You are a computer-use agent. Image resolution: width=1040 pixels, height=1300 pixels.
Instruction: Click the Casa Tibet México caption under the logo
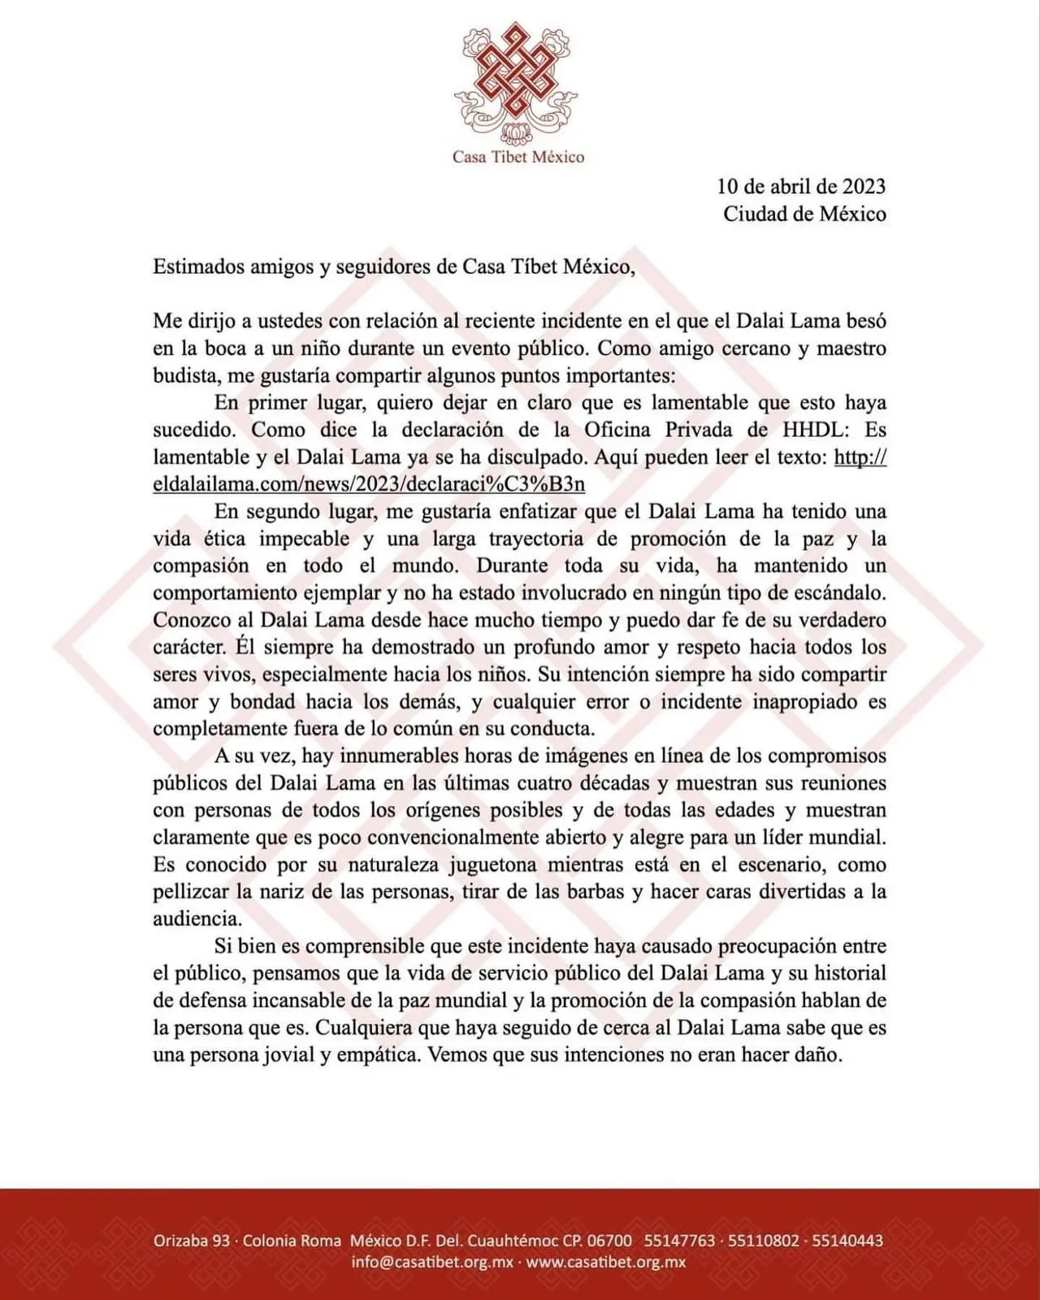(518, 157)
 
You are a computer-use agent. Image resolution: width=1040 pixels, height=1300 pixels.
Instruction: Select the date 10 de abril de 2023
(801, 186)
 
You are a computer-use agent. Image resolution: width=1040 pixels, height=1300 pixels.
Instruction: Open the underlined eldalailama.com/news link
(369, 484)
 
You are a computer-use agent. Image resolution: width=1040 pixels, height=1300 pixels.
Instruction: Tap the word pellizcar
(190, 891)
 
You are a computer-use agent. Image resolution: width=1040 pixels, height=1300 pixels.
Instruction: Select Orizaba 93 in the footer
(192, 1241)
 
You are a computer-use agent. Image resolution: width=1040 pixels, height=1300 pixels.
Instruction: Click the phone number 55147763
(680, 1241)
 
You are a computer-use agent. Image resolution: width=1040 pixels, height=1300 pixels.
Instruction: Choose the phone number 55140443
(847, 1241)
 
